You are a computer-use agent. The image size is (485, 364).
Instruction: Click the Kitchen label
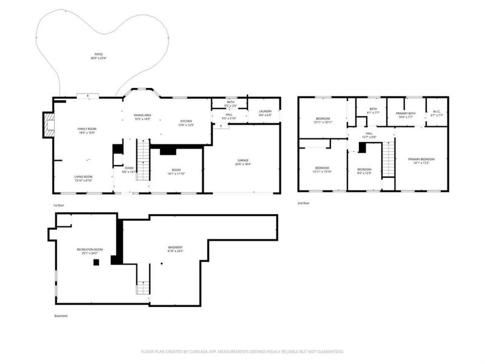coord(186,123)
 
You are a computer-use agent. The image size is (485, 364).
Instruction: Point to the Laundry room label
coord(265,113)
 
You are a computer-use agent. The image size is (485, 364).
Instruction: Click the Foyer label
coord(129,170)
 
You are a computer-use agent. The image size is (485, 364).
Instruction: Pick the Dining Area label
coord(142,116)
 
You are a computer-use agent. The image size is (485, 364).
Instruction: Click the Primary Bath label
coord(405,115)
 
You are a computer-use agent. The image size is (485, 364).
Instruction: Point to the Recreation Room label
coord(90,251)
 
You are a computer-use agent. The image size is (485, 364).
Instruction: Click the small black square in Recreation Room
coord(95,263)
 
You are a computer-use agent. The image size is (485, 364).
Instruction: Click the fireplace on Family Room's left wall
coord(48,125)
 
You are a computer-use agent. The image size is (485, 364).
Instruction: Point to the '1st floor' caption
coord(59,206)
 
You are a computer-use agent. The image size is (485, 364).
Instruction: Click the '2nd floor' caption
coord(304,203)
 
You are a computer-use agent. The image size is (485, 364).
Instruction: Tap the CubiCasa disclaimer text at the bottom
coord(242,351)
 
